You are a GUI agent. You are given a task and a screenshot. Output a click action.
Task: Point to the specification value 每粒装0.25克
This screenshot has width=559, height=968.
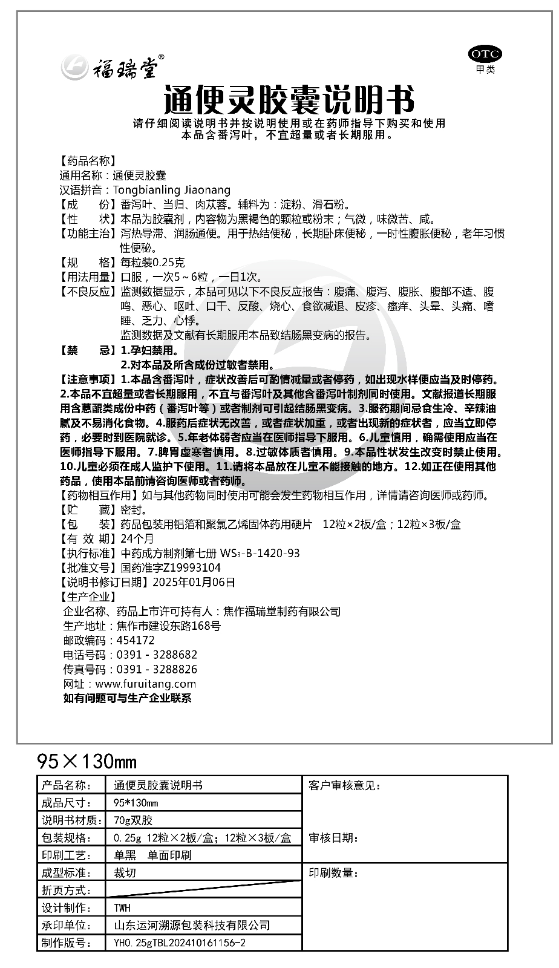pos(153,263)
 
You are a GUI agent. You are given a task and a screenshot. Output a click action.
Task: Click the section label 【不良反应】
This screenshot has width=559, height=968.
pos(87,292)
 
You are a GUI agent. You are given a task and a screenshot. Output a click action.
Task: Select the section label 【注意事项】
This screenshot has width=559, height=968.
pos(87,379)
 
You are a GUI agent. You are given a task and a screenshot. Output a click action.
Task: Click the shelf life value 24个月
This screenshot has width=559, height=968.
pos(137,538)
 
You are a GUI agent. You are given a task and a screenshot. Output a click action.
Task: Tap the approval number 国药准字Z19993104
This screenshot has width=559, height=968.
pos(171,567)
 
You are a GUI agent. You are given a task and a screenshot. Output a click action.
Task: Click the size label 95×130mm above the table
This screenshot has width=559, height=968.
pos(87,760)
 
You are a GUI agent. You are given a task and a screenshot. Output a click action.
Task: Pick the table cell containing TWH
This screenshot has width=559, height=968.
pos(122,908)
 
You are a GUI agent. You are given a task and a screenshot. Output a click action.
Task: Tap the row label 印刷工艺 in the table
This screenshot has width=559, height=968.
pos(66,855)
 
